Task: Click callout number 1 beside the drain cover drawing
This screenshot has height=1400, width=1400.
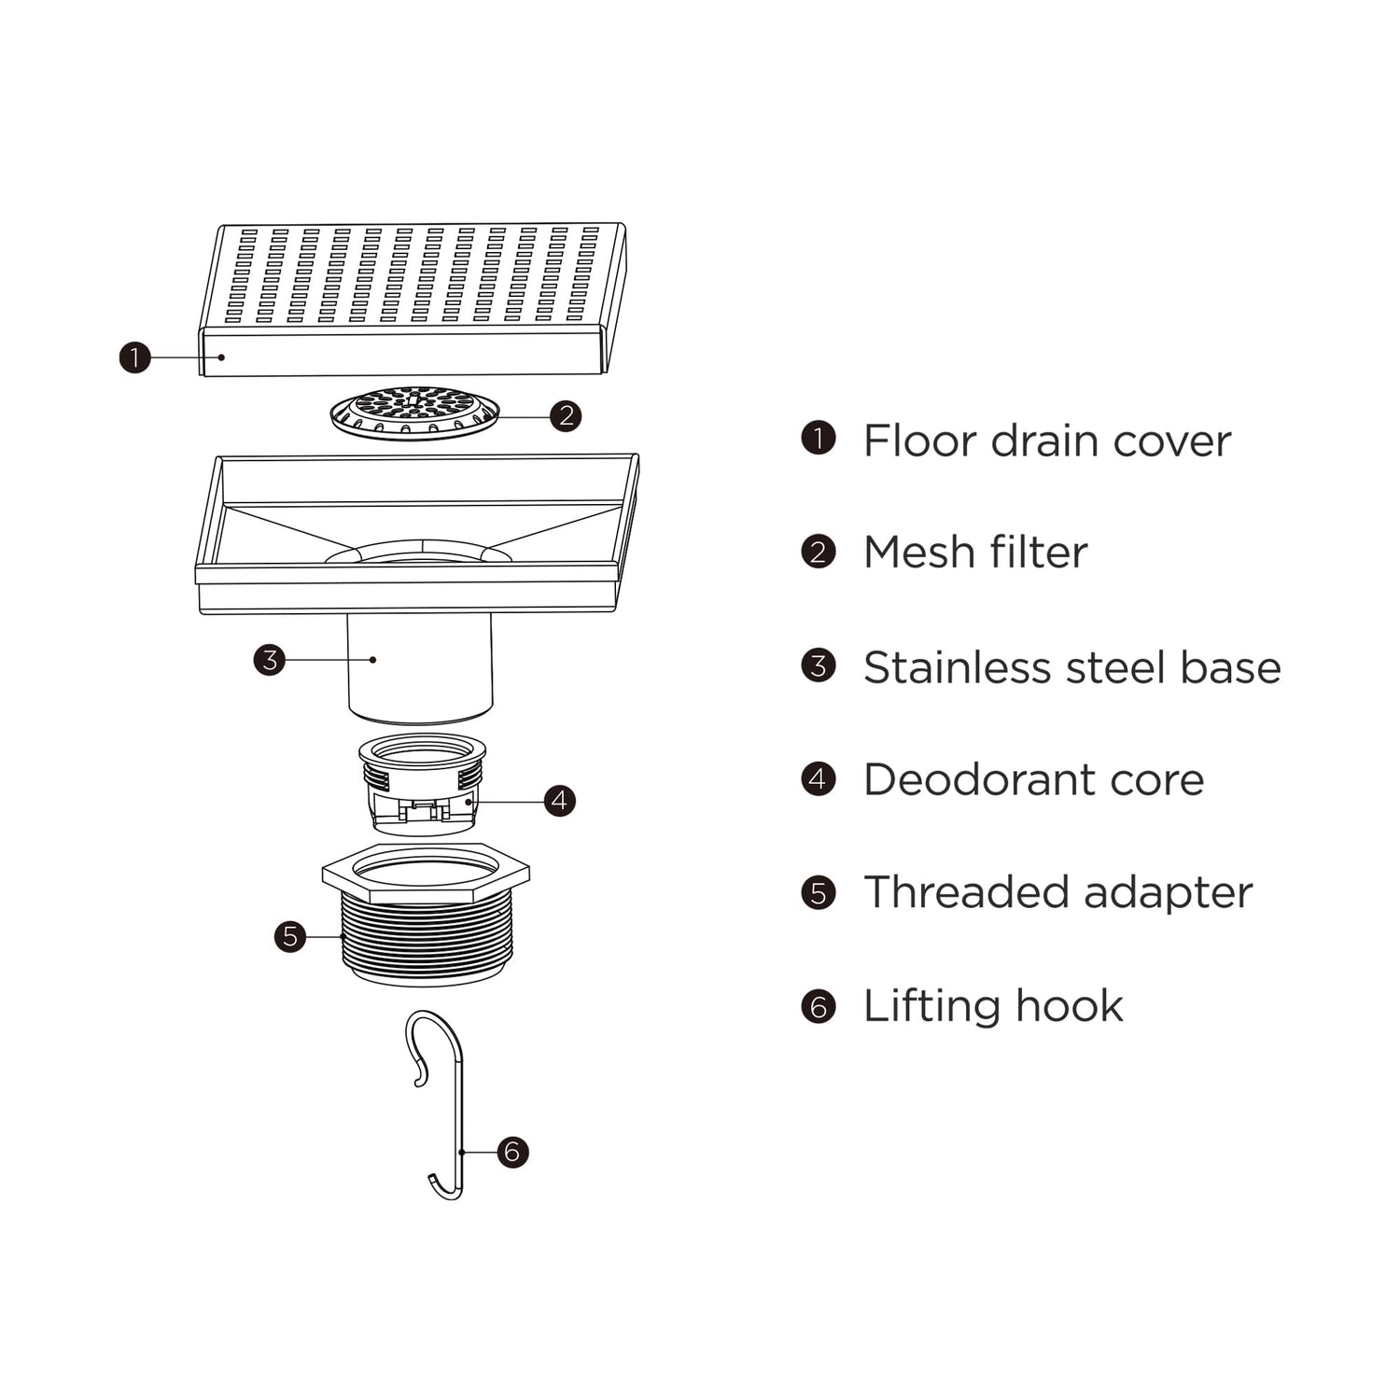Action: [135, 357]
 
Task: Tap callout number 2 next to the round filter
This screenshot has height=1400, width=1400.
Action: [566, 415]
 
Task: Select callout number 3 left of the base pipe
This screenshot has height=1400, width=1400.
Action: [270, 660]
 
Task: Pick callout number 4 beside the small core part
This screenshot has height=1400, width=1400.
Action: [559, 800]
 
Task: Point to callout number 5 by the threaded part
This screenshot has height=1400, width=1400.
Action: [290, 936]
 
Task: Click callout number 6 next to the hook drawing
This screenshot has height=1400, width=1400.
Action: [512, 1152]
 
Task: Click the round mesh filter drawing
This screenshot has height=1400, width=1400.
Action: [415, 413]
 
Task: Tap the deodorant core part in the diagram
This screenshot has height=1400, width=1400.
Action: [423, 784]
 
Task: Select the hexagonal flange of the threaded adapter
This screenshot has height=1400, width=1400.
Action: [426, 872]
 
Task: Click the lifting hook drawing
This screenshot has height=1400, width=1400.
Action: [435, 1105]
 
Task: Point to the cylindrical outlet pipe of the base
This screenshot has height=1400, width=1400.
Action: [420, 667]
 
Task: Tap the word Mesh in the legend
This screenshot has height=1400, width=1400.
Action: [918, 552]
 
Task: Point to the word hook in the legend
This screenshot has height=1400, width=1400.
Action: [1069, 1006]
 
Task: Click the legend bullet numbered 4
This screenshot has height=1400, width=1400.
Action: [819, 779]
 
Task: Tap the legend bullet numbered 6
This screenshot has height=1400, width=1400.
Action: [819, 1006]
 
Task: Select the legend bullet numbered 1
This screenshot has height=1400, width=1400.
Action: [819, 438]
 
